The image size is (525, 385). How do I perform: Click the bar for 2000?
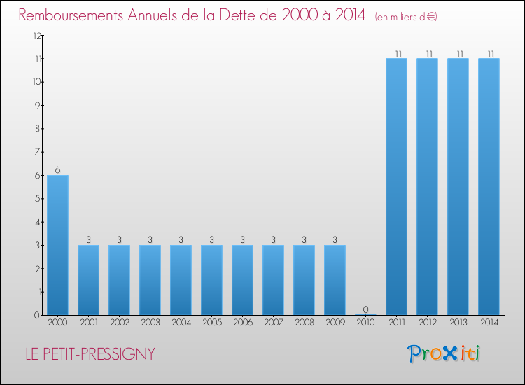pos(57,245)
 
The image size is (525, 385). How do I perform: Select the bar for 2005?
pos(211,280)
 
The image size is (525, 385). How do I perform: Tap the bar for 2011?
pos(396,186)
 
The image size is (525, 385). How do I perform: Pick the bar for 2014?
pos(489,186)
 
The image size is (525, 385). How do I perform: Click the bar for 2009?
pos(335,280)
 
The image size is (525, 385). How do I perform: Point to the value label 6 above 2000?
pos(57,169)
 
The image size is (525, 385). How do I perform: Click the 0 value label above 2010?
pos(365,309)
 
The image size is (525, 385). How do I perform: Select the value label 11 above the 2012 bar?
pos(427,53)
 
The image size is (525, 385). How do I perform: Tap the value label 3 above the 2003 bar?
pos(150,239)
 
